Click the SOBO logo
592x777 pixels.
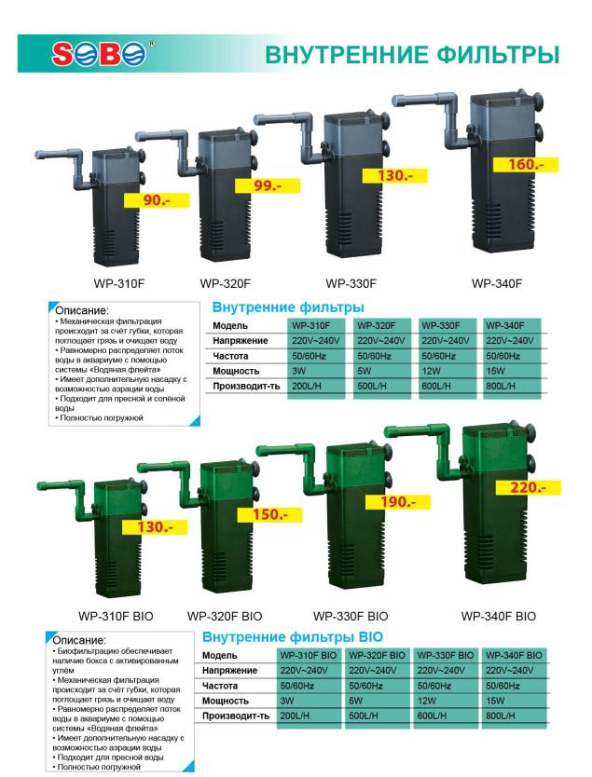tap(99, 53)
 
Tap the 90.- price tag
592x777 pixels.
tap(157, 200)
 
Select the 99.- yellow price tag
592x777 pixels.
tap(268, 185)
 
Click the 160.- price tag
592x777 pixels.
tap(526, 165)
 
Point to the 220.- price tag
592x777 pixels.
tap(528, 487)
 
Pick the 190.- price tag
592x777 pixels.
tap(398, 502)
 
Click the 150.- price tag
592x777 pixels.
tap(269, 514)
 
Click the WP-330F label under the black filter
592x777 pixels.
tap(351, 284)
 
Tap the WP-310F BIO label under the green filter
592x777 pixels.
tap(116, 617)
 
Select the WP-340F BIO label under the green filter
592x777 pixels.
tap(498, 617)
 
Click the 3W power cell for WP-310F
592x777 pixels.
tap(299, 371)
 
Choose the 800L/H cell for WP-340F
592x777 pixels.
tap(501, 386)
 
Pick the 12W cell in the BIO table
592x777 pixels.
tap(427, 701)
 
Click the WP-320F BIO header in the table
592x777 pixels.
tap(377, 655)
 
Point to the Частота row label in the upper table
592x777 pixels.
tap(230, 356)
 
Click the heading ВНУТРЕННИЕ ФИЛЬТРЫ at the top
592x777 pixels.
tap(412, 55)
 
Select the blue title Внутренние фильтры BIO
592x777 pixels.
tap(293, 636)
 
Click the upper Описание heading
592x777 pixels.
tap(81, 310)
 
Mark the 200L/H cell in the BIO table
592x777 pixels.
tap(295, 716)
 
